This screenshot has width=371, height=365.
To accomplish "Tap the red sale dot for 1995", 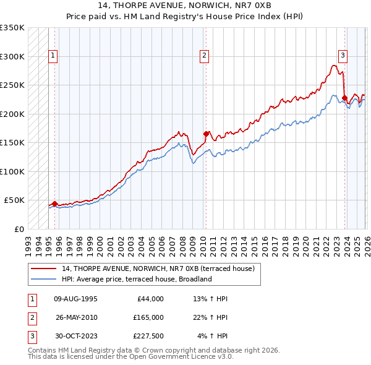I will tap(54, 204).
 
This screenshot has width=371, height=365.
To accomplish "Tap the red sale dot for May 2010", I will tap(205, 134).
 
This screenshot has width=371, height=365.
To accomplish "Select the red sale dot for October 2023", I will tap(344, 97).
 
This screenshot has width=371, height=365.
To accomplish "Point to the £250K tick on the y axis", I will tap(12, 85).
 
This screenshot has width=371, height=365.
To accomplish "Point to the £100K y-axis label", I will tap(12, 171).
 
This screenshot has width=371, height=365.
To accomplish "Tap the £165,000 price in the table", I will tap(148, 317).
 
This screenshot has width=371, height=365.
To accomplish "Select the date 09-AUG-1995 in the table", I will tap(75, 299).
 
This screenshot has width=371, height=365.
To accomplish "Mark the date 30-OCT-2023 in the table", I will tap(75, 336).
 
